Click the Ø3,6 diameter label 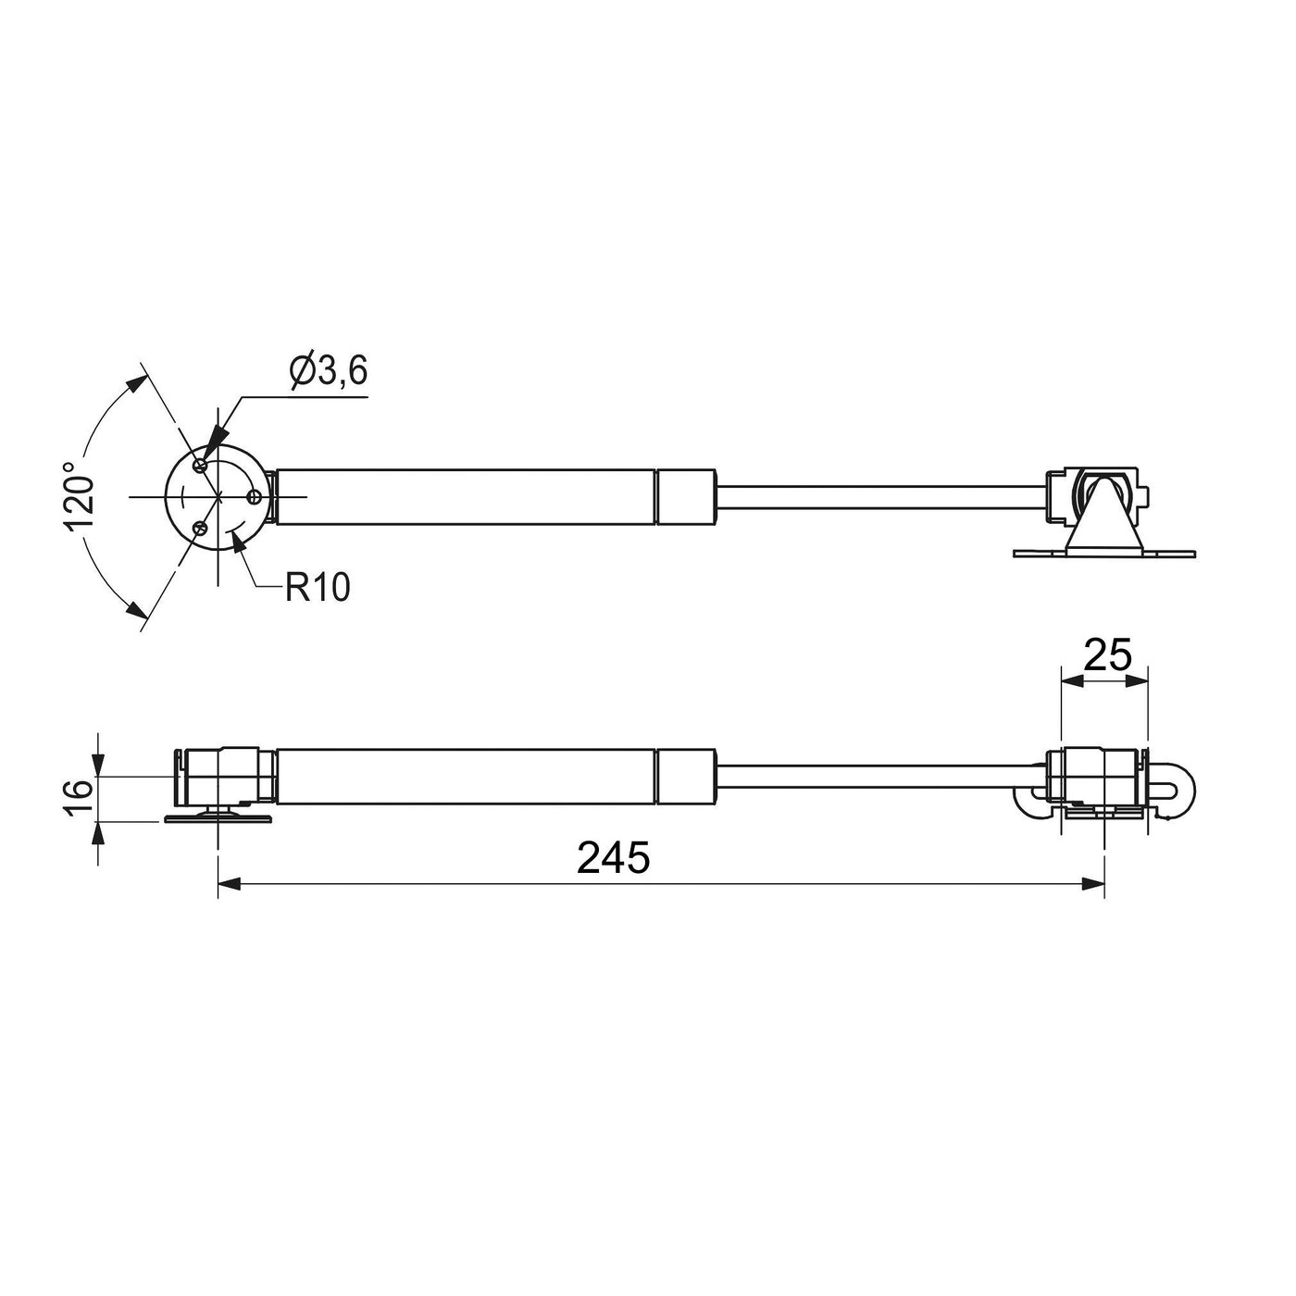tap(329, 371)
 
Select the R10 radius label tap(318, 587)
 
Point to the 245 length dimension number tap(613, 858)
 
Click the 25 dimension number tap(1107, 655)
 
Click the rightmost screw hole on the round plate tap(254, 497)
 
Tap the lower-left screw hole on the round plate tap(200, 529)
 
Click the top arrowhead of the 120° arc tap(136, 383)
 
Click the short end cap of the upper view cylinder tap(686, 496)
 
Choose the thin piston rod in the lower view tap(879, 776)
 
